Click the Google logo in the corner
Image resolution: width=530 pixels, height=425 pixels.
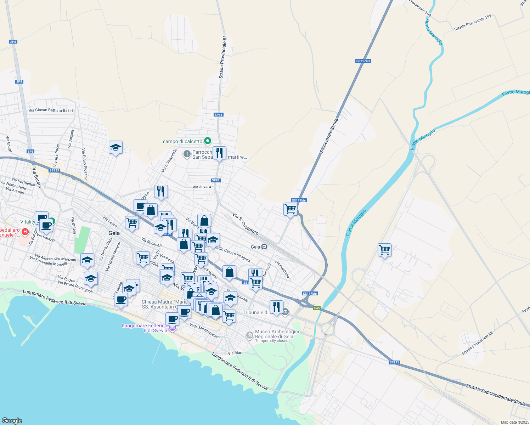pos(12,420)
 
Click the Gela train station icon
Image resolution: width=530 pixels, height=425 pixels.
pos(264,247)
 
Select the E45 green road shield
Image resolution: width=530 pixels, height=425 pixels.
pos(317,308)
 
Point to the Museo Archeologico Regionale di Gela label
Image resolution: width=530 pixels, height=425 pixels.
pos(278,334)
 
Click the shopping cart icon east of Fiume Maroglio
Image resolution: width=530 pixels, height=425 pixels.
pos(384,250)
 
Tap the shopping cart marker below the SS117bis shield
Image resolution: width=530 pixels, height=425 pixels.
pos(290,209)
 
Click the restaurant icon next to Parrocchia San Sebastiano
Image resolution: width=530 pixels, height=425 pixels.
pos(219,153)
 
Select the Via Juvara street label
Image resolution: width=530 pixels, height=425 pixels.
pos(202,187)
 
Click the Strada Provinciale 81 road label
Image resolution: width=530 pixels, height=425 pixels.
pos(222,57)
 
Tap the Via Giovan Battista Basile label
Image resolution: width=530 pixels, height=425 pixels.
pos(51,110)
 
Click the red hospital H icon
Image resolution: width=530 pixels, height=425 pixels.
pos(25,232)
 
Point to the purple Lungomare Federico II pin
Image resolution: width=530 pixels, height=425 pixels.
pos(172,328)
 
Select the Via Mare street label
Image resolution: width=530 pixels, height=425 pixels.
pos(236,353)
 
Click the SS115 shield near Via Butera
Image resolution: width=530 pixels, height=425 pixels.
pos(54,170)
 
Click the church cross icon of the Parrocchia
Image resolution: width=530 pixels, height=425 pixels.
pos(187,154)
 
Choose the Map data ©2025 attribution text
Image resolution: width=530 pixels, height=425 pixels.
pos(514,422)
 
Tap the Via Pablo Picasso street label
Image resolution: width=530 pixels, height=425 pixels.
pos(85,164)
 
